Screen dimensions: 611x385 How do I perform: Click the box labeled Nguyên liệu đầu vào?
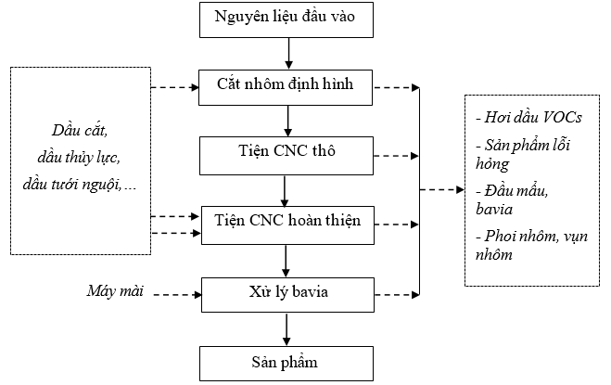[286, 19]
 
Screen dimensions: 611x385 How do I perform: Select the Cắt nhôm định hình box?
[286, 88]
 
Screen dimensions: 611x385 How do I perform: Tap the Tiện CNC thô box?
[286, 156]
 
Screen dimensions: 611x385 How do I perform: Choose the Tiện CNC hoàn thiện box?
[287, 225]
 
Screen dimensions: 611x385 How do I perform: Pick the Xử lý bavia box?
[287, 295]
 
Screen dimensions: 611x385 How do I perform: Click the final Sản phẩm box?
[286, 364]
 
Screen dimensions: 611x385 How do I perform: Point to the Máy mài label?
[115, 291]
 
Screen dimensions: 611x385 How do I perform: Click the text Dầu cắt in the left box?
[80, 131]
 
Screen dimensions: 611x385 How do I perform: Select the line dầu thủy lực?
[79, 158]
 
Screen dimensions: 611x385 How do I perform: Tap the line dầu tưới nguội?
[80, 184]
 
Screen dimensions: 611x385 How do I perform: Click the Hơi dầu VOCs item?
[528, 118]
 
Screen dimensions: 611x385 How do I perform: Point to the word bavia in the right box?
[494, 210]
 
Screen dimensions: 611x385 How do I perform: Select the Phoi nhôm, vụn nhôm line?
[531, 245]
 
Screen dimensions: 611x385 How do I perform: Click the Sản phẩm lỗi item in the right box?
[523, 146]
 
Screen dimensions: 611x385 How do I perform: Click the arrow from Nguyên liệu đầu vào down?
[288, 54]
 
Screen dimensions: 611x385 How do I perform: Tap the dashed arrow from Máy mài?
[177, 295]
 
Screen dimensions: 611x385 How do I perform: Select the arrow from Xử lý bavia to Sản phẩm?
[286, 329]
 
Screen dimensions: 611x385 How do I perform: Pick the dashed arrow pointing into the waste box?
[442, 190]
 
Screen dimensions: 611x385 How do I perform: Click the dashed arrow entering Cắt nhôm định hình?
[175, 88]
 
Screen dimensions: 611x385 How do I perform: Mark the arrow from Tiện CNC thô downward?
[285, 191]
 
